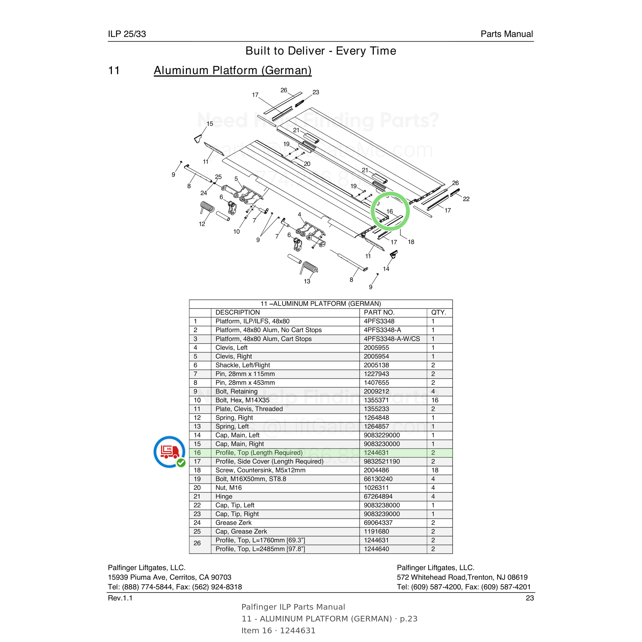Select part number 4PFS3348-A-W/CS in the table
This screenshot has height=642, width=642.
(x=392, y=339)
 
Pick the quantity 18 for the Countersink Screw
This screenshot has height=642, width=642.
(x=435, y=470)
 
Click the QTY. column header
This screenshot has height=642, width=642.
(x=439, y=312)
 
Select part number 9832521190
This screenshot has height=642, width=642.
(x=382, y=461)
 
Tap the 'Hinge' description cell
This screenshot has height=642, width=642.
(x=224, y=496)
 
